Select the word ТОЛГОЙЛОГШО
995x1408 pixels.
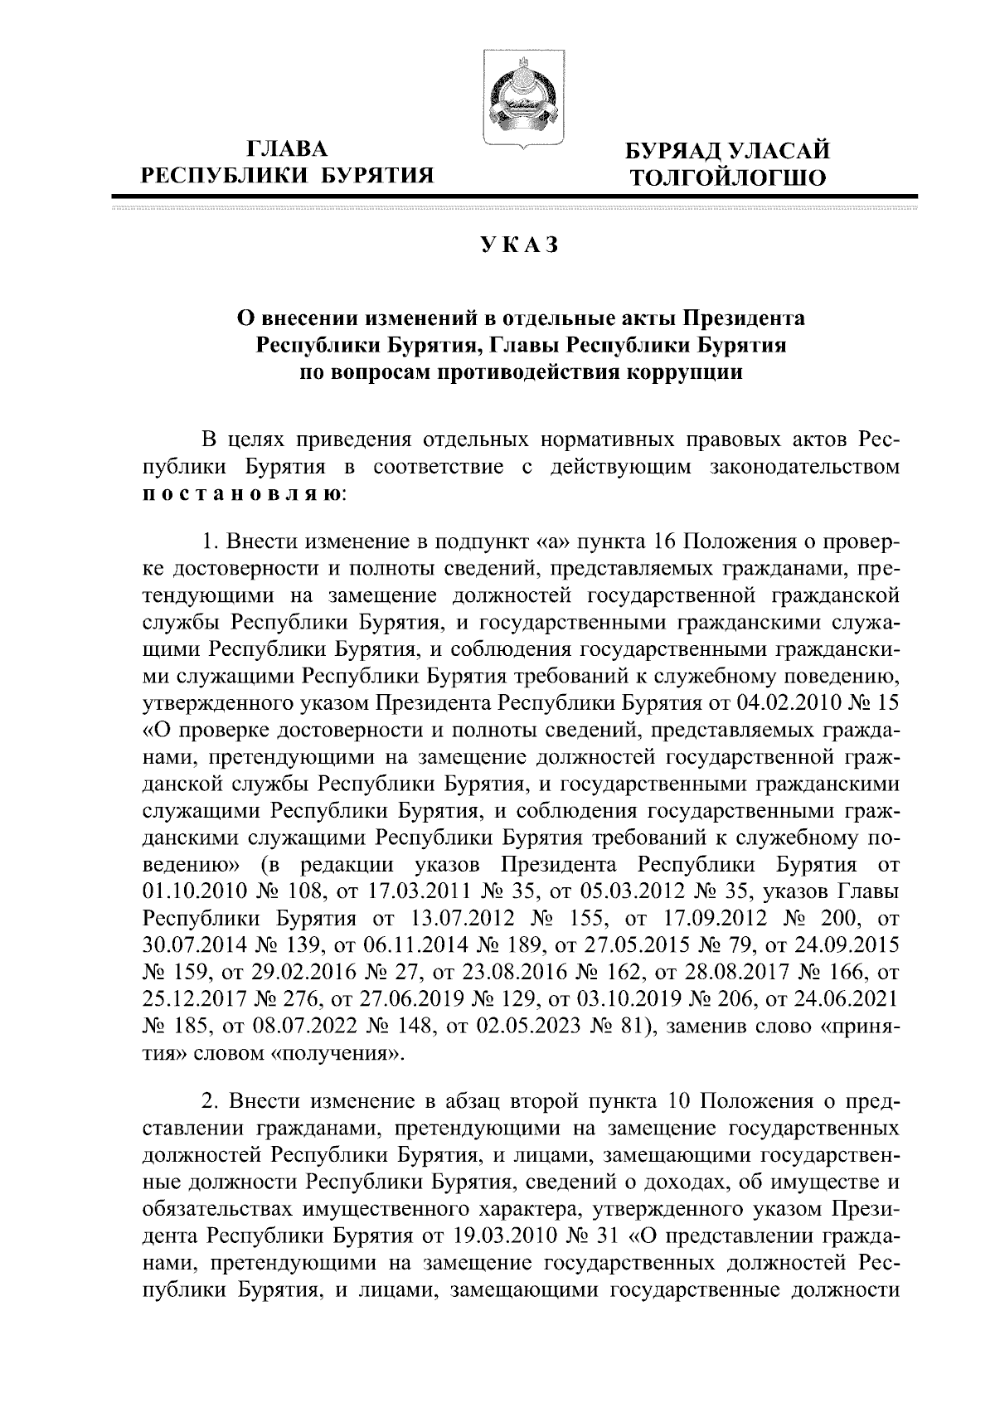[x=728, y=177]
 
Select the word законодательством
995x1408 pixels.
[x=806, y=467]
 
